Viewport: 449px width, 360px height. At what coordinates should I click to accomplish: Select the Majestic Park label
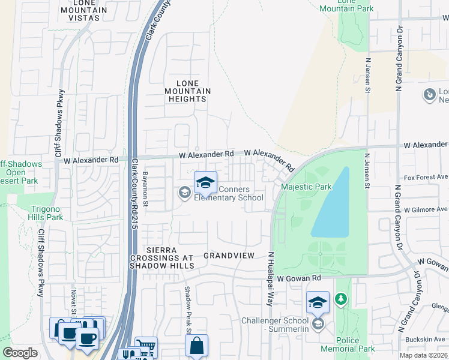coord(306,187)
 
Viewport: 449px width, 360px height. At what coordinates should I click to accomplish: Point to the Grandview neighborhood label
coord(229,256)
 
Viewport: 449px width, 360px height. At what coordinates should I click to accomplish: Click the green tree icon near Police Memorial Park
coord(341,298)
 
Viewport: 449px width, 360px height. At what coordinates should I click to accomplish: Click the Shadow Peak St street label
coord(187,308)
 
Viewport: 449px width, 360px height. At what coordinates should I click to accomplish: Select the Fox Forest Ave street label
coord(426,178)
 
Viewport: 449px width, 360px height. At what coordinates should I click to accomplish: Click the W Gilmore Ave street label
coord(426,210)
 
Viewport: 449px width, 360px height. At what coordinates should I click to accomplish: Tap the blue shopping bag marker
coord(196,346)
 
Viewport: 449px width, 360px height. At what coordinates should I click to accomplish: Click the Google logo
coord(20,353)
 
